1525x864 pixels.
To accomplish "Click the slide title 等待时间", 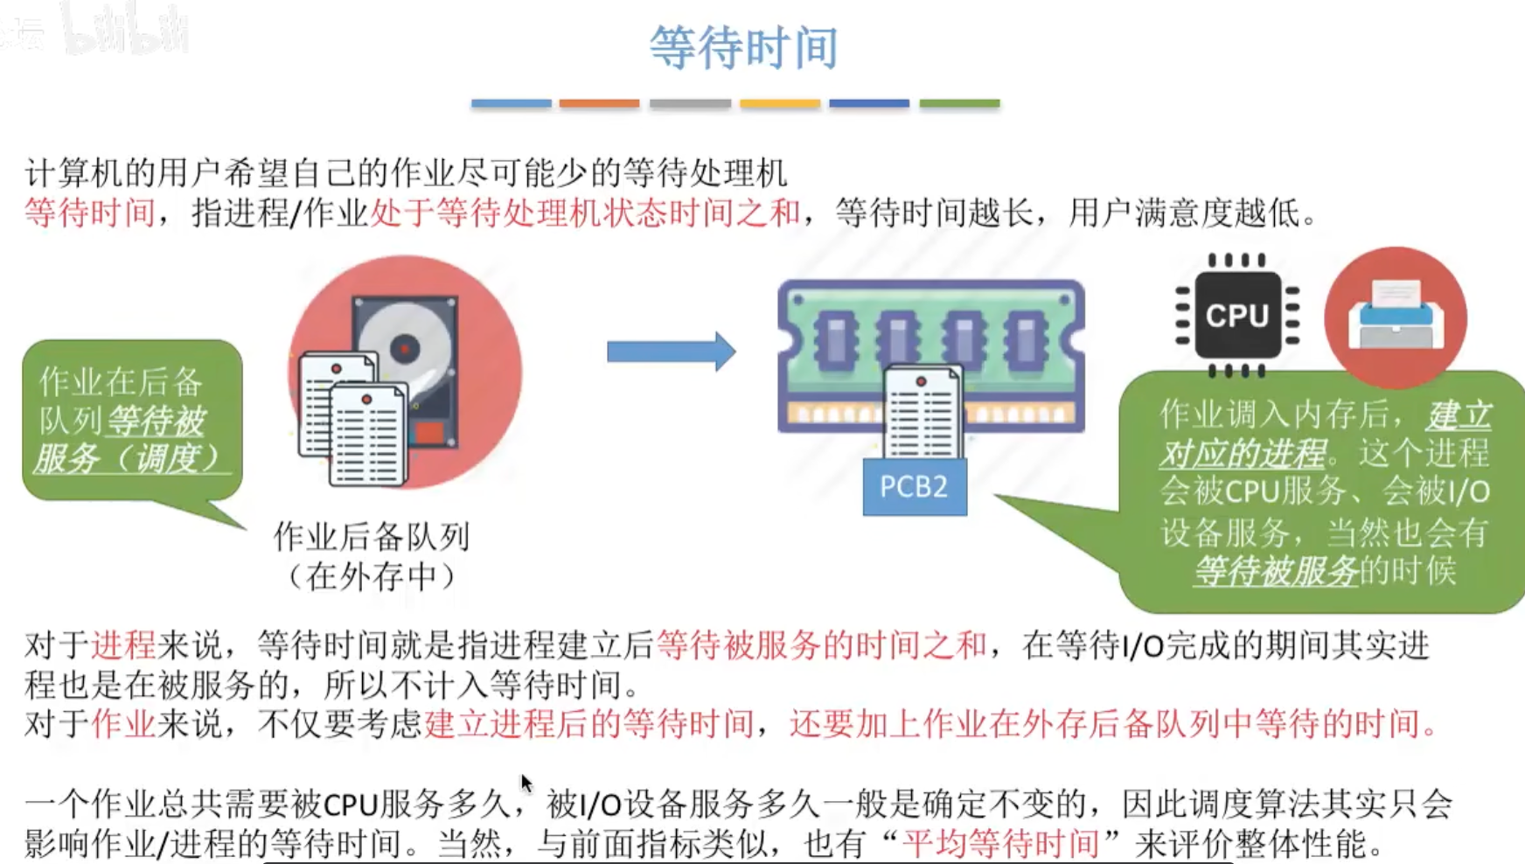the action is (744, 47).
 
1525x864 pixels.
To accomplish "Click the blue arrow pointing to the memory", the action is (671, 352).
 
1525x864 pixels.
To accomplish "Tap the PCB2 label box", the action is (915, 486).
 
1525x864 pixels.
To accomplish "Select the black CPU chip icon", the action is (1237, 316).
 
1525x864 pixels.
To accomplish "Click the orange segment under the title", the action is (599, 103).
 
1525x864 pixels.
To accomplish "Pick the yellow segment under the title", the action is (779, 103).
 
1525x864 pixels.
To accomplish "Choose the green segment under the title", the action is (959, 103).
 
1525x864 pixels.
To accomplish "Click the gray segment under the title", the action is (690, 103).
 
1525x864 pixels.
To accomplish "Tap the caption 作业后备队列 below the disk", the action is (373, 536).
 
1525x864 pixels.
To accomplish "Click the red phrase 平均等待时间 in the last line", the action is (1000, 843).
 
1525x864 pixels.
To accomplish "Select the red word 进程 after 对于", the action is (123, 645).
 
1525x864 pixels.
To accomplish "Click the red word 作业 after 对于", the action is (123, 723).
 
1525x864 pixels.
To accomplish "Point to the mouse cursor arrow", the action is (526, 783).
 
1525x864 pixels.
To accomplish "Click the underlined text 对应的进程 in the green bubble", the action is (1243, 453).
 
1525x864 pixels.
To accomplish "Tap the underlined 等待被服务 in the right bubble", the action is (1276, 570).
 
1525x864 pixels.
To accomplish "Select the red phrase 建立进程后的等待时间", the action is (588, 723).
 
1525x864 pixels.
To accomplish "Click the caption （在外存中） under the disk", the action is (373, 576).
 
